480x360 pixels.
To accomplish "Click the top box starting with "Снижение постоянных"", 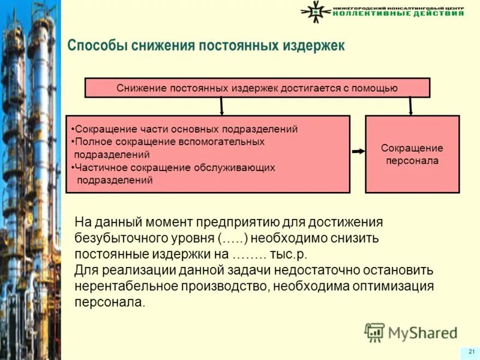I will coord(257,88).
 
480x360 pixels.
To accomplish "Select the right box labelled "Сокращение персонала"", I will coord(412,154).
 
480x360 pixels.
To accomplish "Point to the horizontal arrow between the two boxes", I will coord(358,152).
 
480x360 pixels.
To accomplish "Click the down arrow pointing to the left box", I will coord(222,106).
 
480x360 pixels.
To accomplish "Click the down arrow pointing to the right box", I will coord(411,106).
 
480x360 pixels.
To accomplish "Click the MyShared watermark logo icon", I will coord(374,332).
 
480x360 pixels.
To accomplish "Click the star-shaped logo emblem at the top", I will coord(314,11).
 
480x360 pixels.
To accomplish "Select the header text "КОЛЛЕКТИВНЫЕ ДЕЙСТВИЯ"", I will coord(398,14).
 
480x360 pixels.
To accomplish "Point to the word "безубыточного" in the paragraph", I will coord(116,238).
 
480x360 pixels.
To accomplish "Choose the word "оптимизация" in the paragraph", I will coord(394,286).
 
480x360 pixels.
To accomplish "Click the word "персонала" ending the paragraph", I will coord(109,302).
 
